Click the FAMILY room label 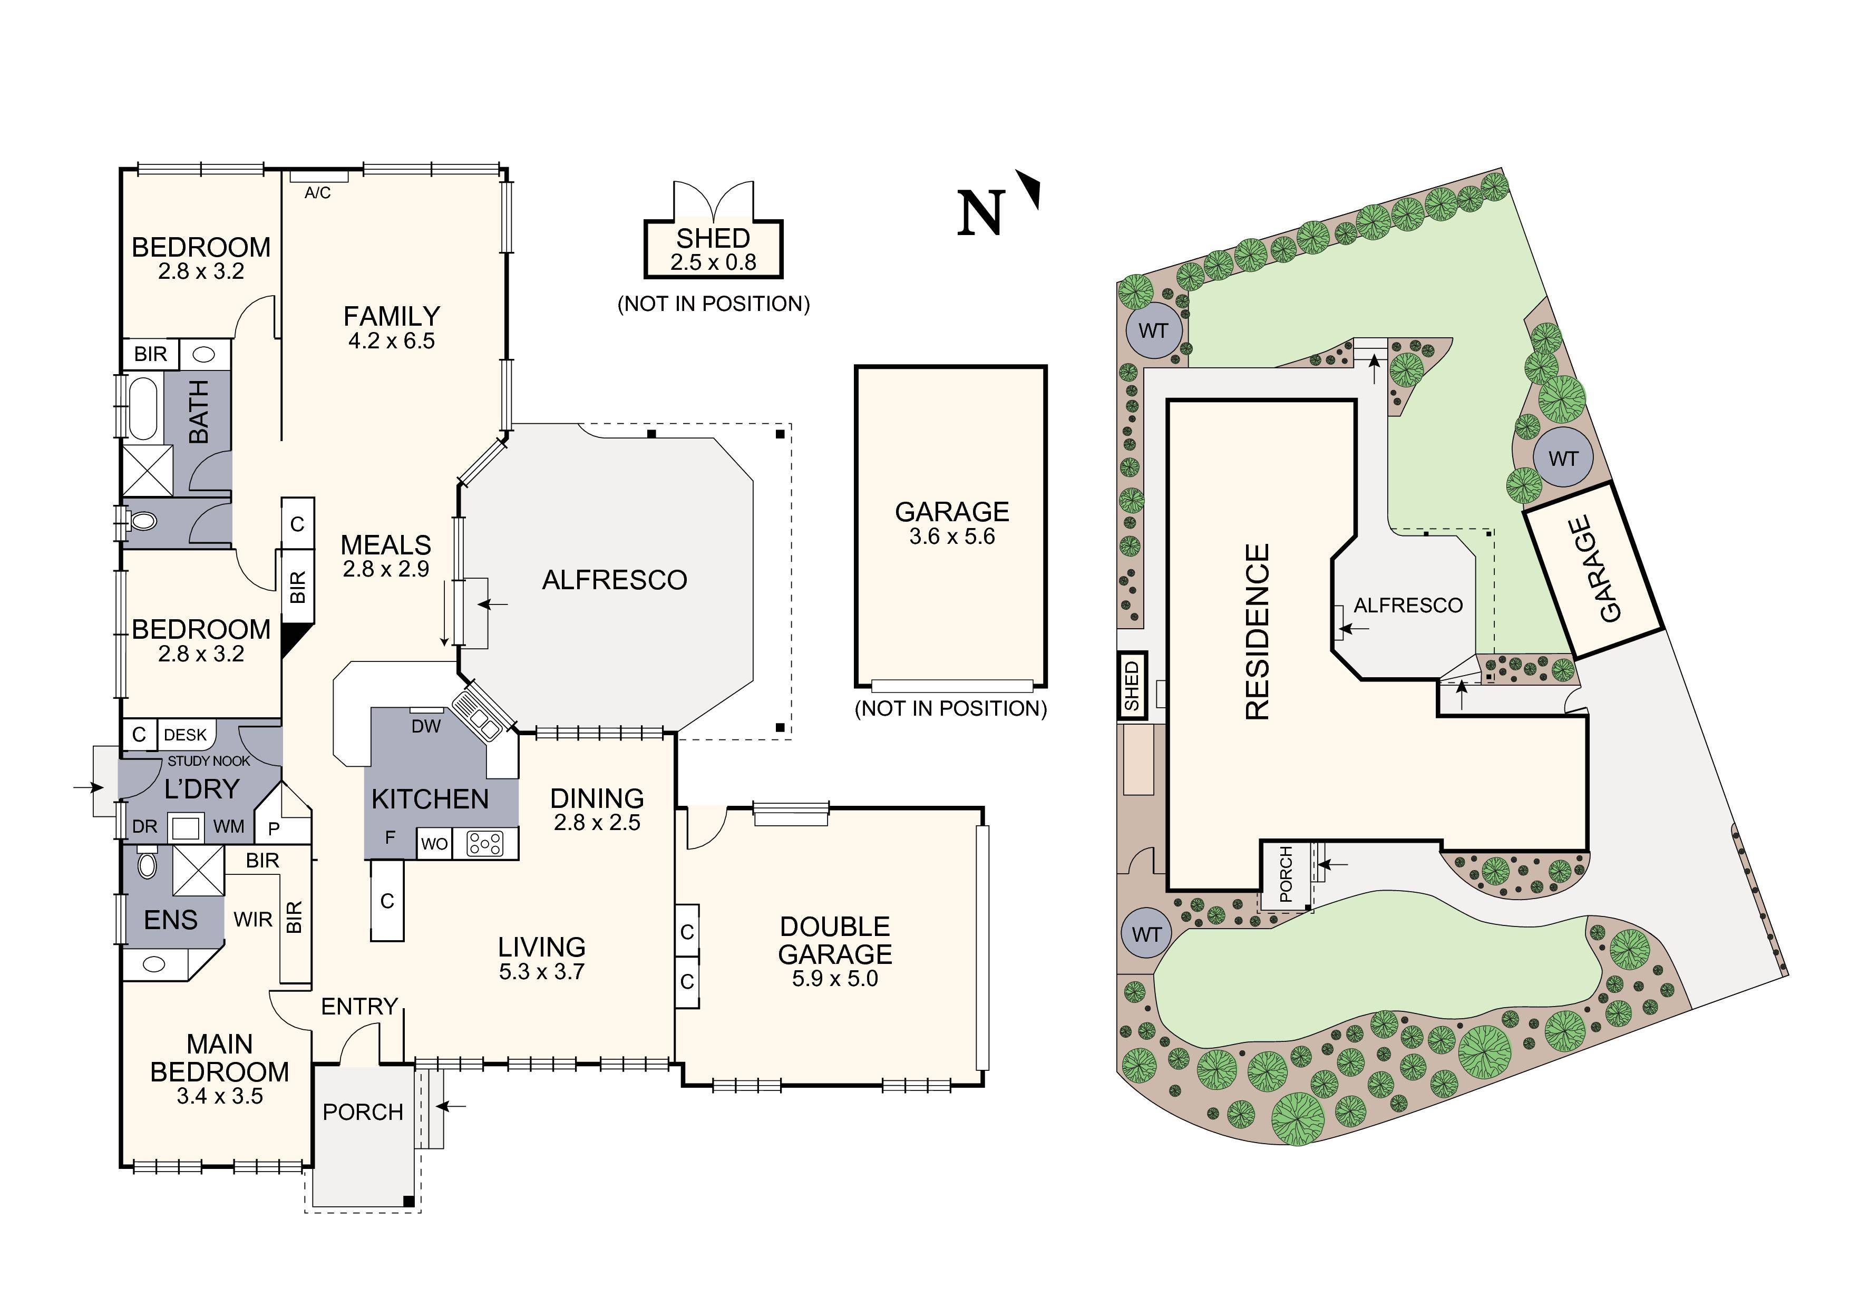[392, 316]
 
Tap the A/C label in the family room [317, 193]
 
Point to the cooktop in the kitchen [485, 844]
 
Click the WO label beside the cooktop [434, 844]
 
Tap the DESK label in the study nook [185, 735]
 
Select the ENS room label [171, 920]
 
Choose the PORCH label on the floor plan [363, 1112]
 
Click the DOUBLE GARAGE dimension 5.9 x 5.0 [835, 979]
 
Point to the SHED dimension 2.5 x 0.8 [714, 262]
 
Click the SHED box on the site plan [1132, 685]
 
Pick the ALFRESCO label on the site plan [1408, 606]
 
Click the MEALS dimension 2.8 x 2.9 [386, 569]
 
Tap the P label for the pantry [274, 828]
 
